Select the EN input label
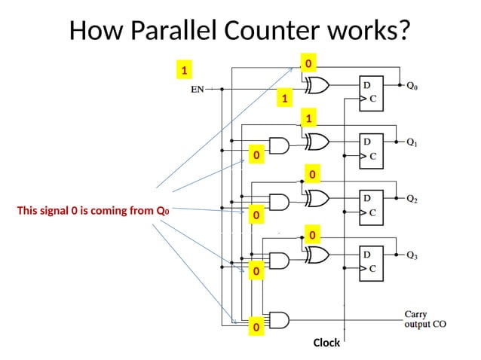[197, 89]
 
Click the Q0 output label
[414, 86]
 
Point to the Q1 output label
[414, 142]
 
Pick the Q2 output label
[414, 199]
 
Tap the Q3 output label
[414, 255]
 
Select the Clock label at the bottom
[326, 343]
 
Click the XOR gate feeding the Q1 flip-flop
[315, 142]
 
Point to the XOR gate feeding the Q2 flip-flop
[315, 198]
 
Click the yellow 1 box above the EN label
[182, 70]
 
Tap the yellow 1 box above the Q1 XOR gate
[308, 118]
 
